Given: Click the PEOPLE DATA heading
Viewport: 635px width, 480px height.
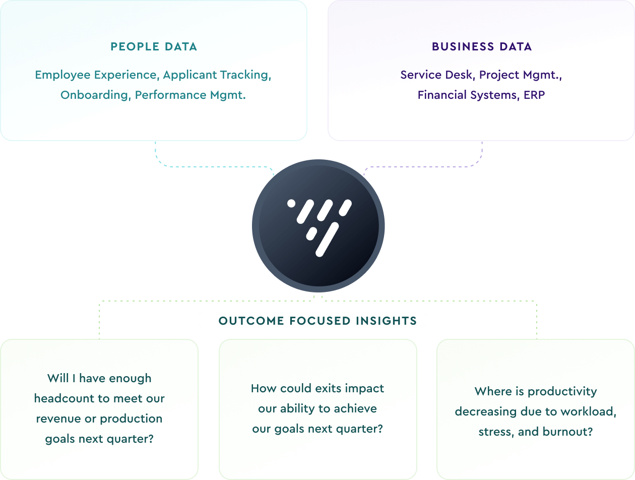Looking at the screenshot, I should [154, 47].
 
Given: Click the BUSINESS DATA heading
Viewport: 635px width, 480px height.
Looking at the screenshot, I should [481, 47].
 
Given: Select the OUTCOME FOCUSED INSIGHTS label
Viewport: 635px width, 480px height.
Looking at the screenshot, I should [317, 321].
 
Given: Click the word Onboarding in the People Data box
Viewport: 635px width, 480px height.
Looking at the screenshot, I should [94, 95].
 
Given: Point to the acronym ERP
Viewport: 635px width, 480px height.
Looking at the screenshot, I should [534, 95].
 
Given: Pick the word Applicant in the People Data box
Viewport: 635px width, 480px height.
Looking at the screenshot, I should [188, 75].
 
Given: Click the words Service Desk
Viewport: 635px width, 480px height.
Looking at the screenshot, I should [436, 75].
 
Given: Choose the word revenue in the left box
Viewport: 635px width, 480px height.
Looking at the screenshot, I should [58, 418].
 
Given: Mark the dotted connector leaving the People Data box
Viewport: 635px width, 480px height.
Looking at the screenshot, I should [156, 153].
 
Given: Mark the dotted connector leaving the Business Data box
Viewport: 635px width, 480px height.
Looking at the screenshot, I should [482, 153].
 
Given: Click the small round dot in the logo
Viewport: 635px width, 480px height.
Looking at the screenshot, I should [291, 204].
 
